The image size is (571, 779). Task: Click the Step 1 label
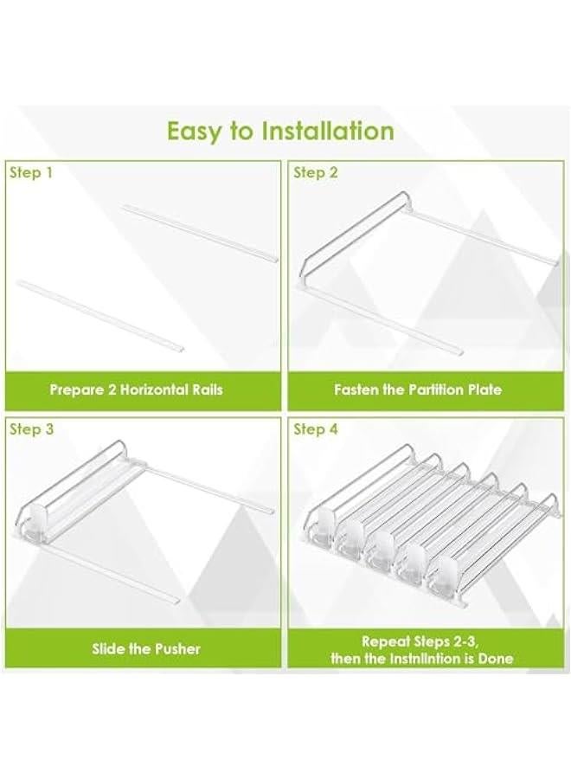[31, 173]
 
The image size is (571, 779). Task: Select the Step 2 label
[316, 173]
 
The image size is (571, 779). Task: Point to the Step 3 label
[31, 429]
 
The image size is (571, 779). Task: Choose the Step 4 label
[317, 429]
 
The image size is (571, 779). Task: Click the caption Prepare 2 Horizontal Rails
[136, 389]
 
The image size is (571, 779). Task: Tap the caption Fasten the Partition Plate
[418, 389]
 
